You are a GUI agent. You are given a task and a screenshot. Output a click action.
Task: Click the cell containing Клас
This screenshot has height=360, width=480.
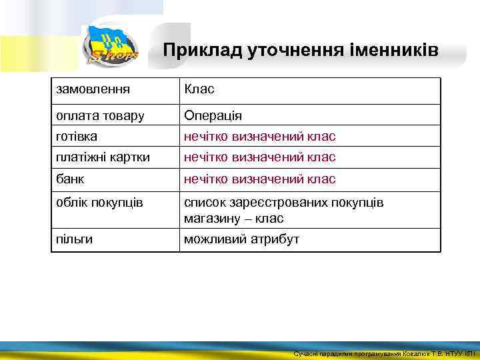(199, 89)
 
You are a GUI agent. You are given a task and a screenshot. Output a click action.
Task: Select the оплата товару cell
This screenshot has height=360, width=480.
(100, 115)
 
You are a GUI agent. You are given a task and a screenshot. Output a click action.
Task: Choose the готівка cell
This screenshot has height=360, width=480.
(77, 136)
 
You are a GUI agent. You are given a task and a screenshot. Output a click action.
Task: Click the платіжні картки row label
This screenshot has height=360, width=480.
(103, 157)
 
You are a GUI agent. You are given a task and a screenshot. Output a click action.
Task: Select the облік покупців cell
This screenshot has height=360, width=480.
(99, 202)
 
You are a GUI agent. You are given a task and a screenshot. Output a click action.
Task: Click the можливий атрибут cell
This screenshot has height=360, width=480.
(241, 239)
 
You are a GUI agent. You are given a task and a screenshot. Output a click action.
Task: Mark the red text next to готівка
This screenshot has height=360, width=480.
(260, 136)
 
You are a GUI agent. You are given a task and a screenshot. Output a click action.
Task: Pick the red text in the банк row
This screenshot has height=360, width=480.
(260, 179)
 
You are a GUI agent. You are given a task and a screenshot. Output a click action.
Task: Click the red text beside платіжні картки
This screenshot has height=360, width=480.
(260, 157)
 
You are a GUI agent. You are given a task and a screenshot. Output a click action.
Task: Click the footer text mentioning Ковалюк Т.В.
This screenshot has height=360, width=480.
(385, 353)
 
